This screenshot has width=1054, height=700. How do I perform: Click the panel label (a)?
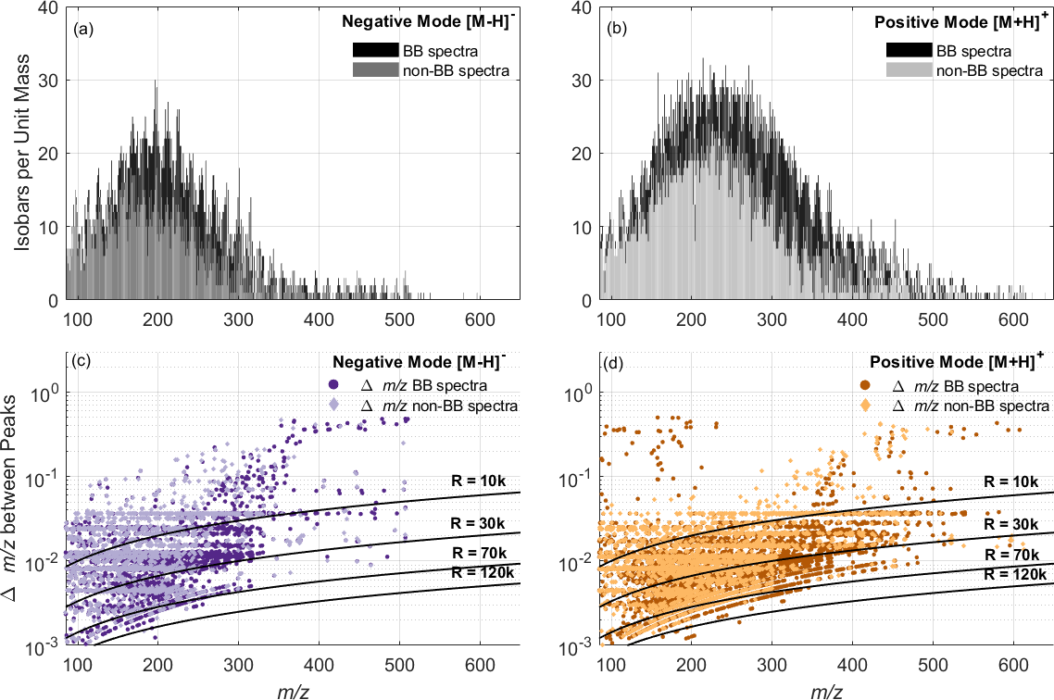pyautogui.click(x=82, y=29)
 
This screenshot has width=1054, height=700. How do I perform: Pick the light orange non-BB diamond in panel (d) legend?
pyautogui.click(x=867, y=406)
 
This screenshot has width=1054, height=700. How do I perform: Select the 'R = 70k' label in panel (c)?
pyautogui.click(x=481, y=553)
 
